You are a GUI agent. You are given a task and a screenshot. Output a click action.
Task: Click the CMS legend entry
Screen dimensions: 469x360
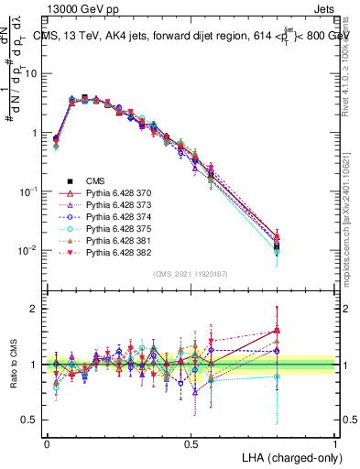[96, 180]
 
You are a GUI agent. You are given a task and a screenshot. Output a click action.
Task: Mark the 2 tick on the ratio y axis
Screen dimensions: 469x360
[34, 309]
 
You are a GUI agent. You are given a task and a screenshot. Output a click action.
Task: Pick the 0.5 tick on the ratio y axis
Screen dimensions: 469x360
[30, 420]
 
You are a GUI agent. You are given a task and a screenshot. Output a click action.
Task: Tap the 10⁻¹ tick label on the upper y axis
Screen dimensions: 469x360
[28, 191]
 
